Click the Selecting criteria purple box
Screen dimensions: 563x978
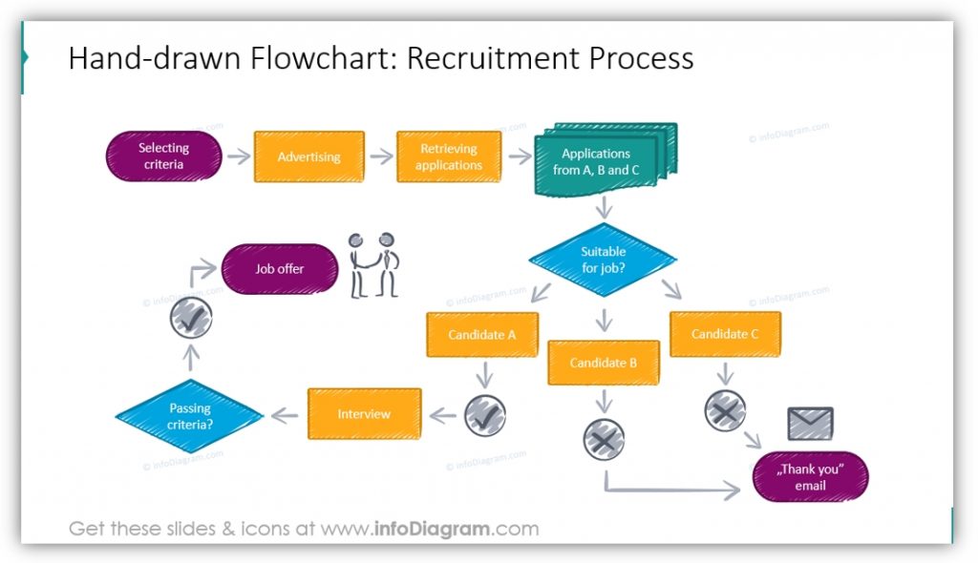pos(163,156)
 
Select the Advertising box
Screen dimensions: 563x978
pos(308,156)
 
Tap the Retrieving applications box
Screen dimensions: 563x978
pos(448,156)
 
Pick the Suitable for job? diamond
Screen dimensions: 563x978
pos(603,260)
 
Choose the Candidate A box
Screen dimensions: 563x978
pos(482,335)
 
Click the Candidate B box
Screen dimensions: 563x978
pos(603,363)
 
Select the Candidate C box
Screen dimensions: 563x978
pos(725,334)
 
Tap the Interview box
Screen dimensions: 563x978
pos(364,413)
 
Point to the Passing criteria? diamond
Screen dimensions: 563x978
pos(189,416)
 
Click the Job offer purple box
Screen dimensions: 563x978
pos(279,269)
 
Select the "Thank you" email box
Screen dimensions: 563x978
pos(810,477)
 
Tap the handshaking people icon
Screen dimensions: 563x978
pos(373,265)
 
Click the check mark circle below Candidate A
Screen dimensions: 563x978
pos(484,415)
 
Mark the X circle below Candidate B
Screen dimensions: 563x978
pos(604,439)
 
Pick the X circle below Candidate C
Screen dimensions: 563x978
pos(725,410)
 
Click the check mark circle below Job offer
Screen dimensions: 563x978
pos(190,319)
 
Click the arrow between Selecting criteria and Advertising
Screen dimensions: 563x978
pos(237,157)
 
